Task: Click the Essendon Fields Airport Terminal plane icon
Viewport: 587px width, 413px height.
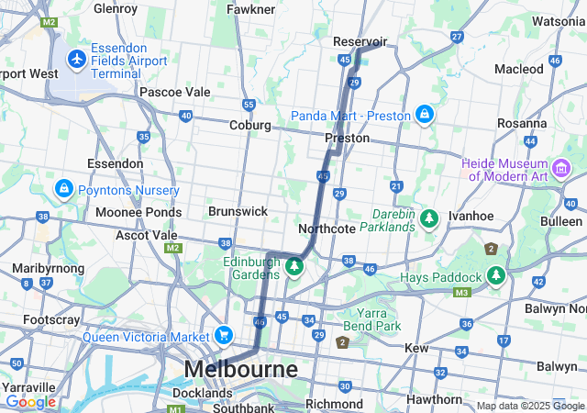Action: (x=78, y=60)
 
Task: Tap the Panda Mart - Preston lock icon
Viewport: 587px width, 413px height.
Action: (x=424, y=115)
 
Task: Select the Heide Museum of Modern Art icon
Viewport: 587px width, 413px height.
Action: (x=561, y=169)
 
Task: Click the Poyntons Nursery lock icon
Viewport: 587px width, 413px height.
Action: (x=63, y=189)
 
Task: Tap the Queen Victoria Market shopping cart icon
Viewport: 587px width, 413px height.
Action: (x=222, y=336)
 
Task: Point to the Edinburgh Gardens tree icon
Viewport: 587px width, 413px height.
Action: (x=294, y=267)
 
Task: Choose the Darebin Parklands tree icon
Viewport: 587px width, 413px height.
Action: (x=429, y=218)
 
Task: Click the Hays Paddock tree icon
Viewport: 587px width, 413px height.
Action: (x=496, y=276)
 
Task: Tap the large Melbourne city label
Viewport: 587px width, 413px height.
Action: (x=241, y=369)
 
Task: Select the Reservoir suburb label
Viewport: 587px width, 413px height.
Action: (x=360, y=41)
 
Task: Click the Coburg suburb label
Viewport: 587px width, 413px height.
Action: (x=249, y=125)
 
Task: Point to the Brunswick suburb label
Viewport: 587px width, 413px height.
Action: (x=238, y=211)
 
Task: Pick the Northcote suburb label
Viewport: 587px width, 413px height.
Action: (x=327, y=229)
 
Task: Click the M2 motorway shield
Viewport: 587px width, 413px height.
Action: (x=49, y=21)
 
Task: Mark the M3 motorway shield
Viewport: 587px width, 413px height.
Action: (x=461, y=292)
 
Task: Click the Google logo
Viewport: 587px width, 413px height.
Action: (x=30, y=402)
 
